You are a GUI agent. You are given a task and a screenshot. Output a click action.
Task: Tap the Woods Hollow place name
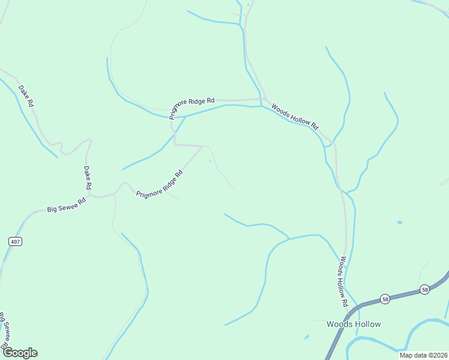pos(354,324)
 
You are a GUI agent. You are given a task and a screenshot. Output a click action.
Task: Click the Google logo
pos(20,353)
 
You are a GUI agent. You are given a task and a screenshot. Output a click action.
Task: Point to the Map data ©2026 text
pos(423,355)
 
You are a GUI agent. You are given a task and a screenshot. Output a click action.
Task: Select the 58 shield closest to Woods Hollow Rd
pos(385,299)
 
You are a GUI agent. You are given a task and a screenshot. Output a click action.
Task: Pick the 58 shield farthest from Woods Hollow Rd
pos(424,289)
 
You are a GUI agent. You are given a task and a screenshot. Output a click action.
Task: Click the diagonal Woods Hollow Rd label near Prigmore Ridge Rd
pos(294,116)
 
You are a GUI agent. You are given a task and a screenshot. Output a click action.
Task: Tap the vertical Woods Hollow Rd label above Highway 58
pos(343,282)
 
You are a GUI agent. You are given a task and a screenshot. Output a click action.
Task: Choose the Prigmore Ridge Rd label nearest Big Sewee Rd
pos(159,186)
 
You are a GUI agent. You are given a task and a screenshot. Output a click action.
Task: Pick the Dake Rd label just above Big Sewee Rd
pos(87,178)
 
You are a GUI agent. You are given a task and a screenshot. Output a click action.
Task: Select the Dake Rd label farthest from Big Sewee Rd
pos(26,96)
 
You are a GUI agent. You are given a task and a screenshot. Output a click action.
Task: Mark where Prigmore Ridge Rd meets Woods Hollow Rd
pos(263,100)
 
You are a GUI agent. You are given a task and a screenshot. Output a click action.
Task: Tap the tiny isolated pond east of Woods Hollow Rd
pos(399,223)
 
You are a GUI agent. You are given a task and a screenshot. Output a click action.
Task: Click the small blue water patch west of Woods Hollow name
pos(307,337)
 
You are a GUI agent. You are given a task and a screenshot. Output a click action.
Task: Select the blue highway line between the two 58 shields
pos(405,295)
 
